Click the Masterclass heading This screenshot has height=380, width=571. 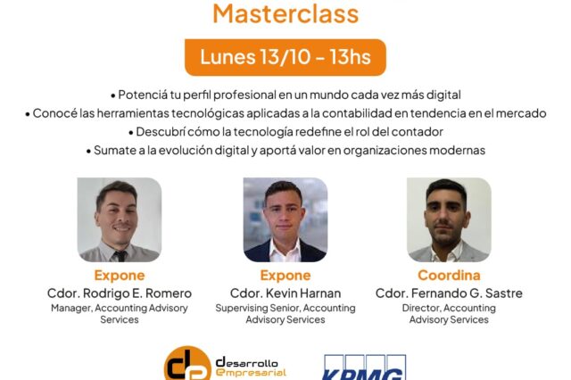click(x=285, y=13)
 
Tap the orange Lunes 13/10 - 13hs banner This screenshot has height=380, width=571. click(x=285, y=57)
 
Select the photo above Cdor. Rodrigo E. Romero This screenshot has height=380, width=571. click(x=120, y=219)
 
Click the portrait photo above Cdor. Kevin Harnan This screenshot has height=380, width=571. click(x=285, y=219)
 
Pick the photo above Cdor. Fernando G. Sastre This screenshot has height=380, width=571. click(x=449, y=219)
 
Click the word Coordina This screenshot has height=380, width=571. click(x=449, y=276)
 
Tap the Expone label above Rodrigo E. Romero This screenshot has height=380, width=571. click(x=120, y=276)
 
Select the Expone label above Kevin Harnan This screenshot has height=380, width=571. click(x=285, y=276)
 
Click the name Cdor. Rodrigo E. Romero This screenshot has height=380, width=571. click(x=120, y=293)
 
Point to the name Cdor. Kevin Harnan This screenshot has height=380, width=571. click(x=285, y=293)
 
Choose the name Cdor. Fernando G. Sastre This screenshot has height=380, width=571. click(x=449, y=293)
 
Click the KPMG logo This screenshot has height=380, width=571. click(x=363, y=367)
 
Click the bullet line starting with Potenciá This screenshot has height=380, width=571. click(x=285, y=95)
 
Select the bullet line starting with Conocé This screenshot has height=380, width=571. click(x=285, y=113)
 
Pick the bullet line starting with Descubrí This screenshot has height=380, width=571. click(x=285, y=132)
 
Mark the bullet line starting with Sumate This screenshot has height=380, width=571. click(x=285, y=151)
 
